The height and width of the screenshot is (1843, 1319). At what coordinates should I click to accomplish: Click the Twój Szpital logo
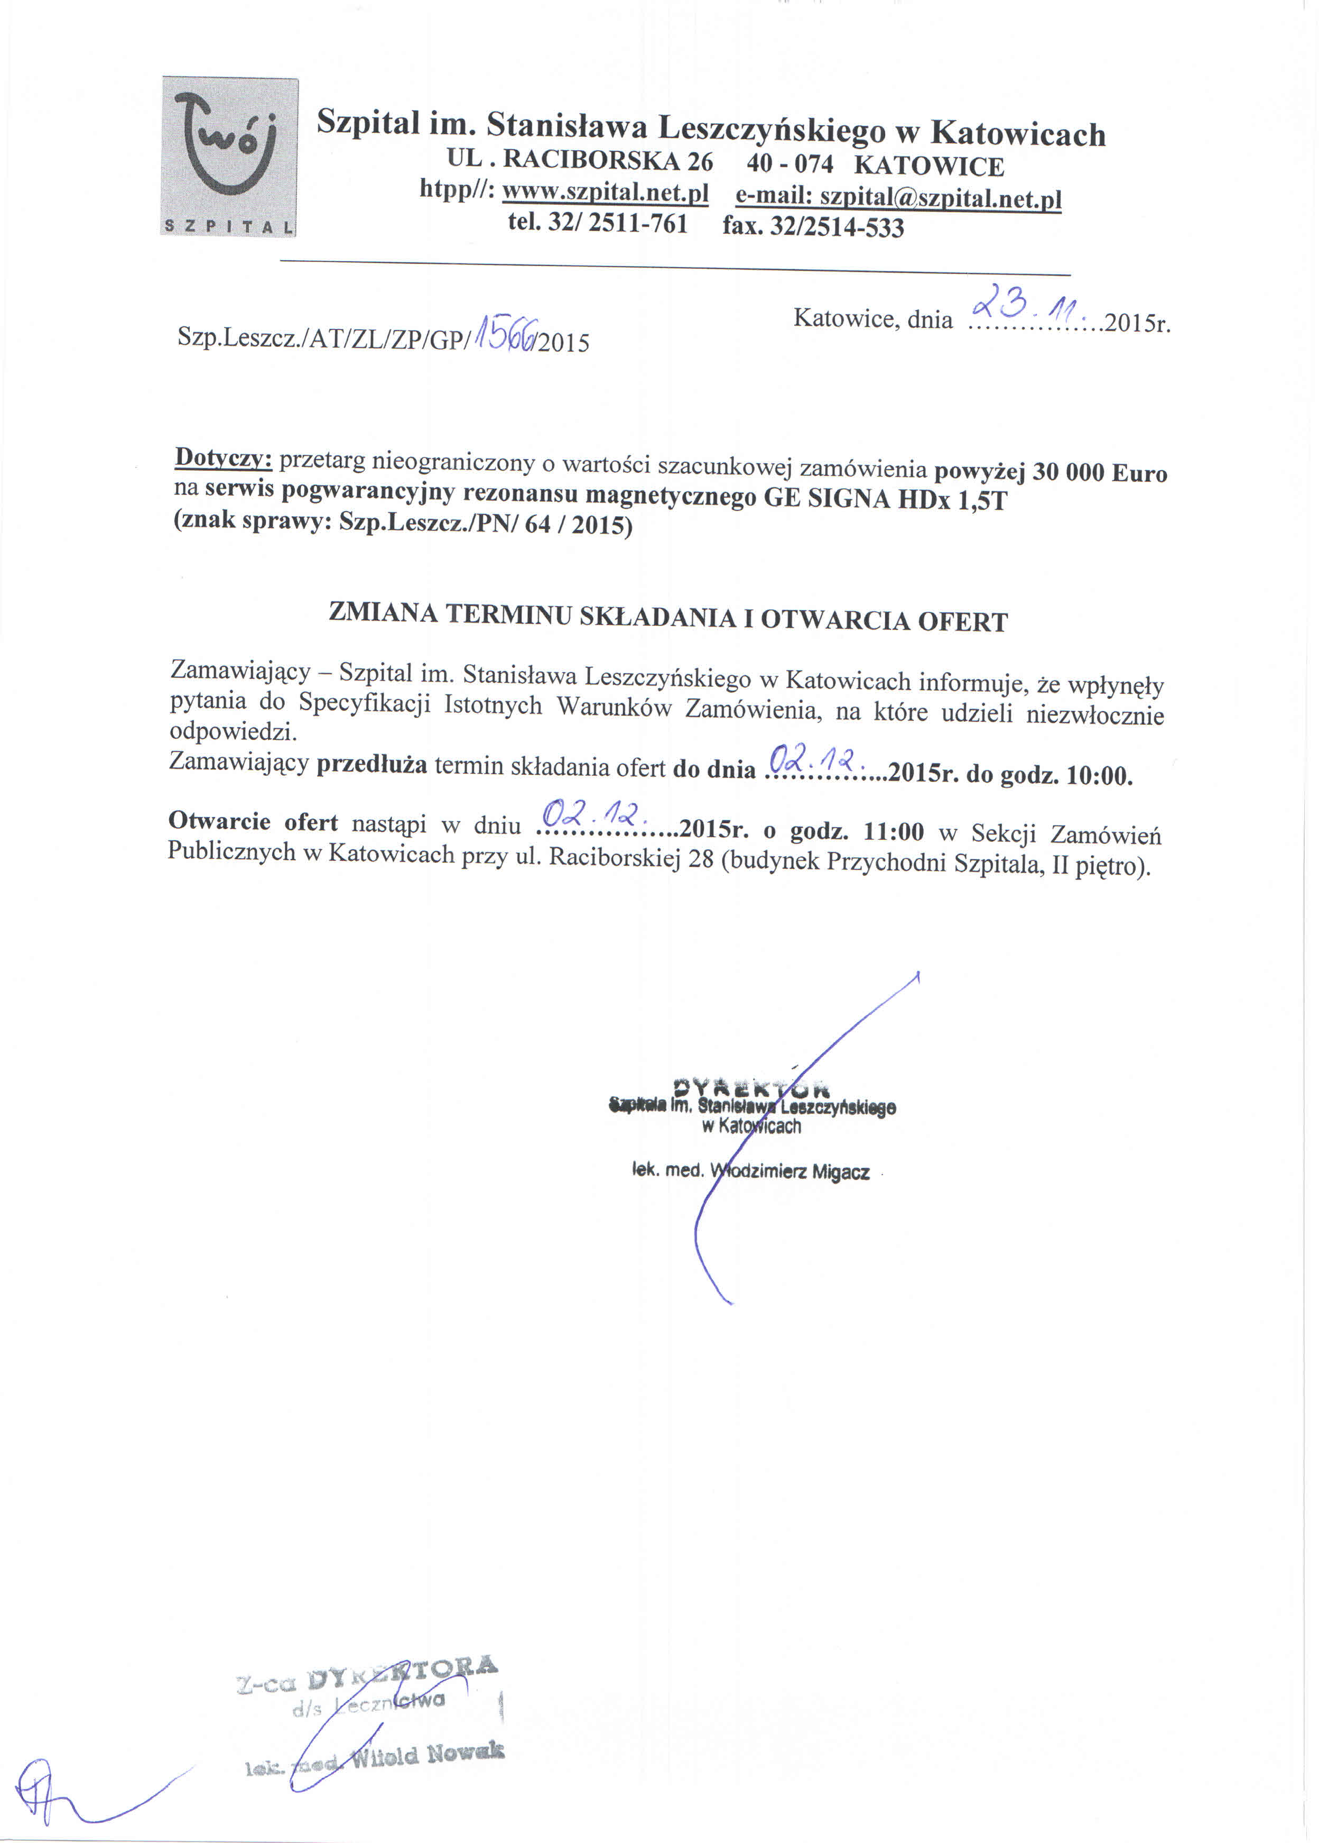230,157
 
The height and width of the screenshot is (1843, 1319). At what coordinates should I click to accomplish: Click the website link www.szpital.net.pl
605,194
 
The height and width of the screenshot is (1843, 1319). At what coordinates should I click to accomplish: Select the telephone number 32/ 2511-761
617,223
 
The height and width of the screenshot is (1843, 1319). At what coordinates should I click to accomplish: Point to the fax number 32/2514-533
836,227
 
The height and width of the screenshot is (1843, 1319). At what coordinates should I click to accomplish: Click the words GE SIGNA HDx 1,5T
885,498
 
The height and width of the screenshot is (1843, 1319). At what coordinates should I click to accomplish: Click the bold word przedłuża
371,765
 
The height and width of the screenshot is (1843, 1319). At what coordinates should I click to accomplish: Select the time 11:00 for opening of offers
894,831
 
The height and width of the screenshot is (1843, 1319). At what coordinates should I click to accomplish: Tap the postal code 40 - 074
789,163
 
